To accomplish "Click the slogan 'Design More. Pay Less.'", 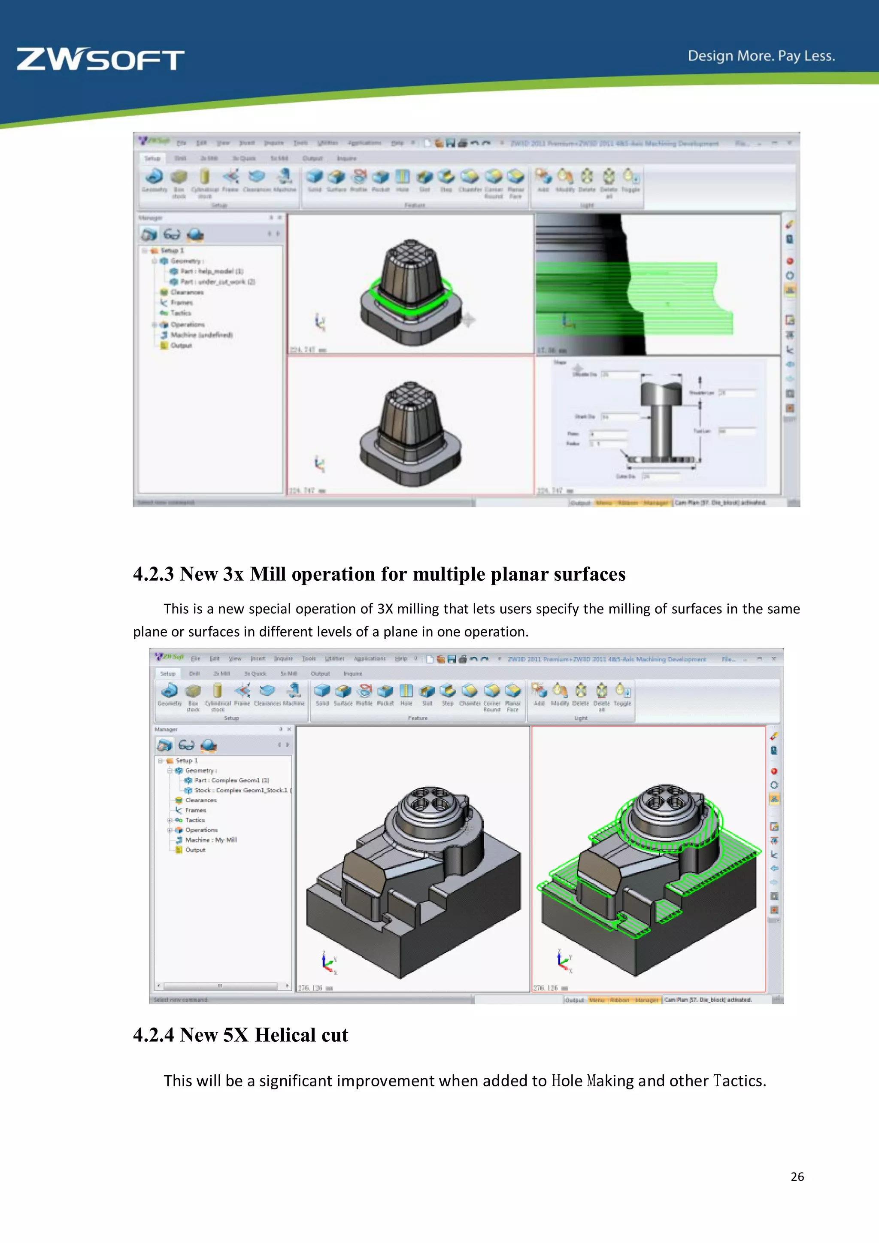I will pyautogui.click(x=761, y=56).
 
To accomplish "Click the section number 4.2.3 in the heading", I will pyautogui.click(x=154, y=574).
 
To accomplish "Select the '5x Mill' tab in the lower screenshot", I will pyautogui.click(x=288, y=673).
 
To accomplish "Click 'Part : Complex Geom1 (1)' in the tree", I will pyautogui.click(x=231, y=780).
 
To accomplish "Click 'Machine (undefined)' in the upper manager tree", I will pyautogui.click(x=201, y=335).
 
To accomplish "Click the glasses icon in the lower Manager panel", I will pyautogui.click(x=186, y=746).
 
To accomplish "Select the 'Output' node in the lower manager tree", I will pyautogui.click(x=195, y=850).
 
